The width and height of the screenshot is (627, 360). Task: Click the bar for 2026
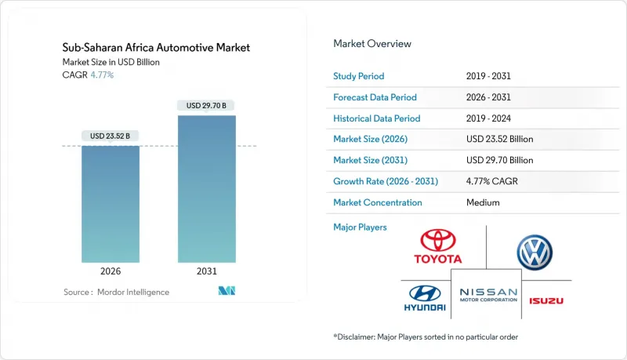coord(111,204)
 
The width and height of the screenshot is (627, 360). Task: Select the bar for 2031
coord(207,188)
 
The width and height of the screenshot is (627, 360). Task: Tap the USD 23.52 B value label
coord(111,136)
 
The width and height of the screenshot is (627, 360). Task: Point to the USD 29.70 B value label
coord(207,105)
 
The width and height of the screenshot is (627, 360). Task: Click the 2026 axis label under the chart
coord(111,271)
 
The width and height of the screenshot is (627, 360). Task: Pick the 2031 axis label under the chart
coord(207,271)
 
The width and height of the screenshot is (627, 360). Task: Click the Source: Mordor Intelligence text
coord(116,292)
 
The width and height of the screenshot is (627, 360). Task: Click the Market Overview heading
coord(372,43)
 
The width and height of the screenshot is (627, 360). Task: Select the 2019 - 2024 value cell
coord(491,118)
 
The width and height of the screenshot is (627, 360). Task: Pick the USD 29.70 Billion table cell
coord(499,160)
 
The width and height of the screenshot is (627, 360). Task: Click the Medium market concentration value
coord(483,202)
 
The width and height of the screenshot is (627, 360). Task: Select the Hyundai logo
coord(425,298)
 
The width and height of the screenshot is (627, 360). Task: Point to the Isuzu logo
coord(545,300)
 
